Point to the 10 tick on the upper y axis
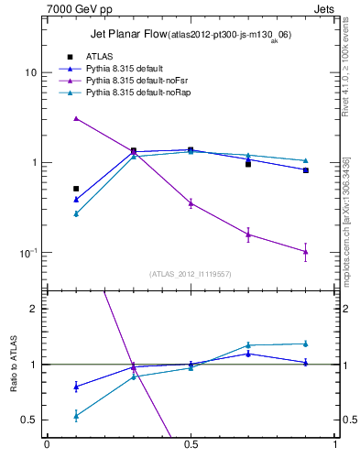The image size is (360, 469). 30,72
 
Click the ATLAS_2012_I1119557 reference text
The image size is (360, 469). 191,274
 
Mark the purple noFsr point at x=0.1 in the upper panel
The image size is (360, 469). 76,118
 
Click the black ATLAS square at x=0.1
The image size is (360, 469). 76,189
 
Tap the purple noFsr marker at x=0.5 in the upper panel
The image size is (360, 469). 191,202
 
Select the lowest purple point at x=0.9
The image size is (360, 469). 306,251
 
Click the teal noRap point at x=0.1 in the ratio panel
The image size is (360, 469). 76,415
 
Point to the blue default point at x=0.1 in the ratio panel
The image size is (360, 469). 76,386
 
